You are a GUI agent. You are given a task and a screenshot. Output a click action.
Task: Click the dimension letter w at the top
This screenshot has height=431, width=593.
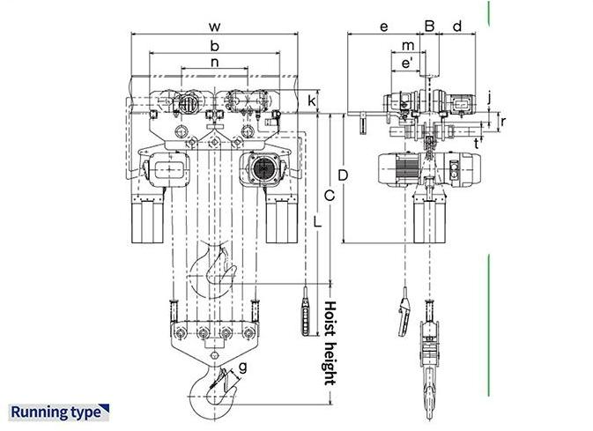point(214,26)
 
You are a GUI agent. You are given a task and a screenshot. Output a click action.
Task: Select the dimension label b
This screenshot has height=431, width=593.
point(214,46)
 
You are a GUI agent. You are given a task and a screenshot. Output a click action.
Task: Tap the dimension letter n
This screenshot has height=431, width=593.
point(214,62)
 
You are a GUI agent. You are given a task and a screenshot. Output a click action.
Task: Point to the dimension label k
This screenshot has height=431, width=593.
point(311,100)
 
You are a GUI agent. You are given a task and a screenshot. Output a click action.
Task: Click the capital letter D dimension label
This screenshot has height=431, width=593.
point(343,175)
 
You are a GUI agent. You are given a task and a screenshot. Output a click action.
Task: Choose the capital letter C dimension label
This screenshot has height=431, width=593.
point(330,196)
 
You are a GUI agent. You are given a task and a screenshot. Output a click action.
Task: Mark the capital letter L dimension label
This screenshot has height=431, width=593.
point(317,221)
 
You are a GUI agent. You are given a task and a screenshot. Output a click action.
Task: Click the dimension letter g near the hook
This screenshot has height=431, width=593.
point(242,367)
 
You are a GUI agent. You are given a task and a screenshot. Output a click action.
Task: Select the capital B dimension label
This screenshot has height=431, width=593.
point(429,26)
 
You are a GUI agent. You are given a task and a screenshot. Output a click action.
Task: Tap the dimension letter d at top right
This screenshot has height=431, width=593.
point(457,26)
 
